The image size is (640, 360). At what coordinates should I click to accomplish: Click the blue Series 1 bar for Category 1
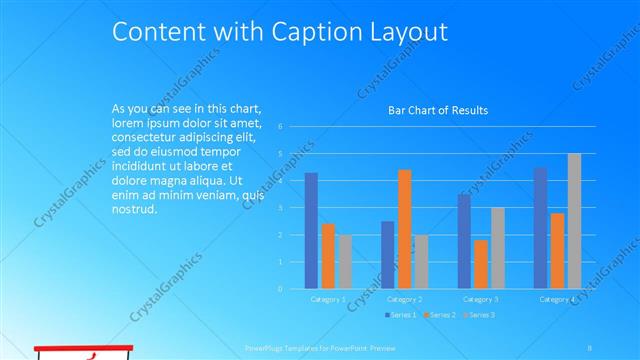coord(311,230)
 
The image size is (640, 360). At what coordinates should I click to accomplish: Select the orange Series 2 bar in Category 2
coord(404,228)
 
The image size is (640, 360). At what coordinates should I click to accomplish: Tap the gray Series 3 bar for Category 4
coord(574,221)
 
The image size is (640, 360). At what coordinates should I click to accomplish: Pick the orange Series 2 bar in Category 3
coord(481,264)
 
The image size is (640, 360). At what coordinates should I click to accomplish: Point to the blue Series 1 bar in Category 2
coord(388,254)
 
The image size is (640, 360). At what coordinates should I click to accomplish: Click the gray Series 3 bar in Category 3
coord(497,248)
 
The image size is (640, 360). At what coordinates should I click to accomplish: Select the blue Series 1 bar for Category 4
coord(540,227)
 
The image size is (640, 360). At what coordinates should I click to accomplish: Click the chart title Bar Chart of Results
coord(438,110)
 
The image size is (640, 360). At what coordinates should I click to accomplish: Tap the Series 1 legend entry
coord(402,315)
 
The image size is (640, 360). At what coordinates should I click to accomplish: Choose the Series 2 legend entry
coord(439,315)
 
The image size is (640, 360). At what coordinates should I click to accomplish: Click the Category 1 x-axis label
coord(328,299)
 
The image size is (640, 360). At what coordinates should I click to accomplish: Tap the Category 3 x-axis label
coord(481,299)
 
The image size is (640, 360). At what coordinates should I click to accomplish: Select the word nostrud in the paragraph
coord(135,209)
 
